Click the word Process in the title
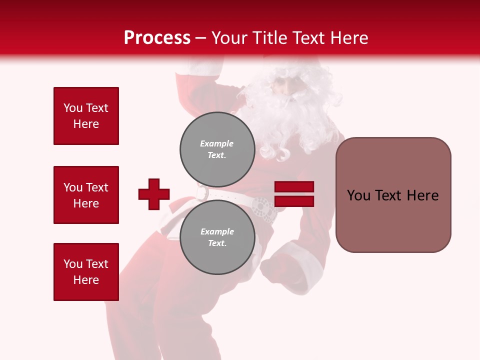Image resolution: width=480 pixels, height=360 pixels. tap(157, 38)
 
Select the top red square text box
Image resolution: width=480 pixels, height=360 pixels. tap(86, 116)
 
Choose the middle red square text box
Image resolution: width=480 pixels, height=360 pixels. tap(86, 195)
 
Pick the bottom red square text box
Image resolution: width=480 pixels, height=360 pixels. tap(86, 272)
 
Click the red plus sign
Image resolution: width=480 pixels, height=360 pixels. tap(154, 194)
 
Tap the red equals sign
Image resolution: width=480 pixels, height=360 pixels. tap(294, 194)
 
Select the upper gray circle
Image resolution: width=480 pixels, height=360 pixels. tap(217, 149)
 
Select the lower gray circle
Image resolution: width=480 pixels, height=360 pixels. tap(217, 237)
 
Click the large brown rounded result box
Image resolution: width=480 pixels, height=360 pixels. tap(393, 195)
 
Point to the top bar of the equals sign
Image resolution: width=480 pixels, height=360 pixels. tap(294, 187)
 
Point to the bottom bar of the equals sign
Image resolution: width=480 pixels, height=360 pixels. tap(294, 201)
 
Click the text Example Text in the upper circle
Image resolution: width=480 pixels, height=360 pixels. tap(217, 149)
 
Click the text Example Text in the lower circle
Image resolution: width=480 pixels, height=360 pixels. tap(217, 237)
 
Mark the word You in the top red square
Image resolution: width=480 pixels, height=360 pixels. tap(72, 108)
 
